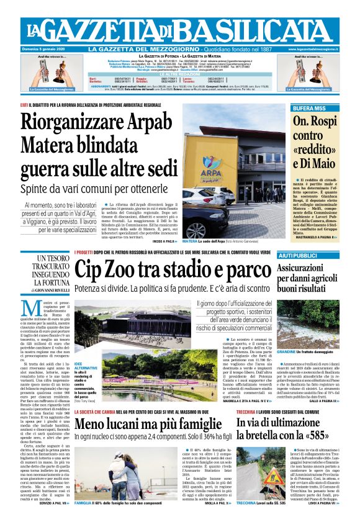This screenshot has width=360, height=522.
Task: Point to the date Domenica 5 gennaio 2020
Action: [x=46, y=49]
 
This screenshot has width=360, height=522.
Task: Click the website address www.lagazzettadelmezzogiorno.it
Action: [x=313, y=49]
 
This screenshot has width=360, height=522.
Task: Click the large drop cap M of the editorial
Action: [x=29, y=308]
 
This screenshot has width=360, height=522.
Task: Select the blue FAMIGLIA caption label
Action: [x=84, y=502]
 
